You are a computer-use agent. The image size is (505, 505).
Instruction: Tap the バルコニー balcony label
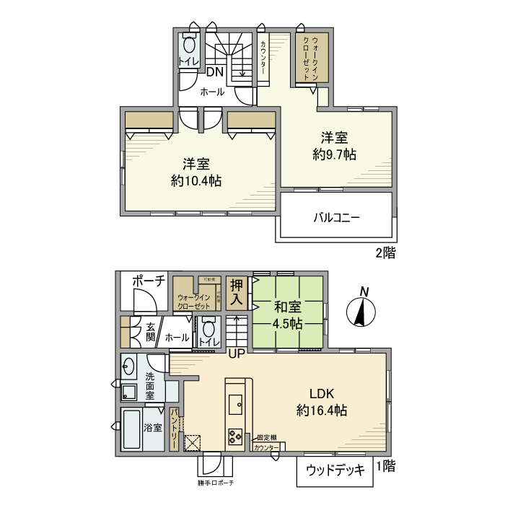point(336,216)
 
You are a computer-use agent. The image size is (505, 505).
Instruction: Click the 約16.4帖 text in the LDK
point(322,410)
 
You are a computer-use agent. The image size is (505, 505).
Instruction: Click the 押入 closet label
point(236,294)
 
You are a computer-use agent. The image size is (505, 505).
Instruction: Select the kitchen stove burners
point(236,436)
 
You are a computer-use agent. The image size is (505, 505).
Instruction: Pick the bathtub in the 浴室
point(132,430)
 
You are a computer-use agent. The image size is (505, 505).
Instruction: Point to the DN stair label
point(215,72)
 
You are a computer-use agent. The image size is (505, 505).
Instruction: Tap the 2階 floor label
point(384,252)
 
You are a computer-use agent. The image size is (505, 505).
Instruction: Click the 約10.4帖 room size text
point(196,180)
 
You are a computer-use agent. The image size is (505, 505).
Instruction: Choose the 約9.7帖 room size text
point(335,154)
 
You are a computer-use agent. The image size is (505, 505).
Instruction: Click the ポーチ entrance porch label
point(149,281)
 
